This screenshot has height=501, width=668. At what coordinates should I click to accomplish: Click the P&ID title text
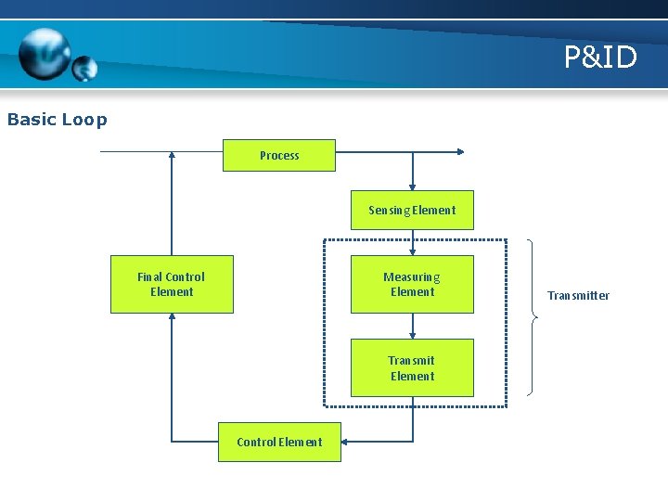coord(600,58)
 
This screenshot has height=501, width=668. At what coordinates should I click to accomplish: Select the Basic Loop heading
coord(58,120)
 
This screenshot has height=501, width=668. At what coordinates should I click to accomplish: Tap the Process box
coord(279,155)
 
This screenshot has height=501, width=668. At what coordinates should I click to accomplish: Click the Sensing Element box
coord(412,211)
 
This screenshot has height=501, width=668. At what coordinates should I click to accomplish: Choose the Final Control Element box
coord(172,284)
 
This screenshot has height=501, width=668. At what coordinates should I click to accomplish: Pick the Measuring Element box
coord(412,284)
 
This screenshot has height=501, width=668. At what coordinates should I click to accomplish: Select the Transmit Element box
coord(412,368)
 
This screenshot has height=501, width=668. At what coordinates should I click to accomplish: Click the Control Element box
coord(279,442)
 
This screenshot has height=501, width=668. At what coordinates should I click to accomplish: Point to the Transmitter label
coord(578,296)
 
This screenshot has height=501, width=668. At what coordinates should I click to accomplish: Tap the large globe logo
coord(45,54)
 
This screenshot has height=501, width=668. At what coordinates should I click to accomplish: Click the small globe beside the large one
coord(84,69)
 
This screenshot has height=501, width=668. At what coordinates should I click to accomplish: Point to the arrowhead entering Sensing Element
coord(413,186)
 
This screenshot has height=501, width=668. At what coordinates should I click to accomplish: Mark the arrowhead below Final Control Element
coord(172,318)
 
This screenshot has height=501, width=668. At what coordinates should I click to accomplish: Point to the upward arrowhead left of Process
coord(172,157)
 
